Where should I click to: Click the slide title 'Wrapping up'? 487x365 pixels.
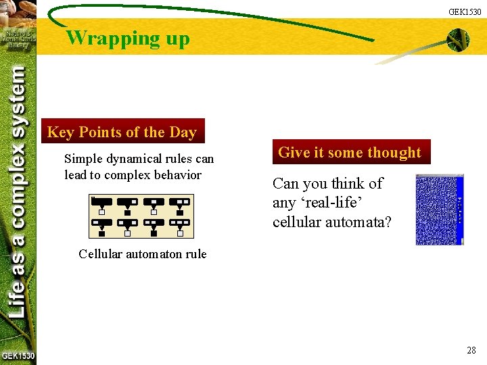tap(128, 38)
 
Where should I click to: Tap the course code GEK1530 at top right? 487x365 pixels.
tap(465, 11)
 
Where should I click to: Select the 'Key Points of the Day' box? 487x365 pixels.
tap(122, 132)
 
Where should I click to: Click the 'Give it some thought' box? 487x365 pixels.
tap(349, 153)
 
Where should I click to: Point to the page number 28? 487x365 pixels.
tap(471, 350)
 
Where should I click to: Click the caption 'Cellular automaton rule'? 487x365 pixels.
tap(142, 254)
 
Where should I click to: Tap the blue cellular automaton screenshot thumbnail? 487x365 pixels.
tap(439, 210)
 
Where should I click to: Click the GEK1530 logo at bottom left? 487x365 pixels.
tap(18, 356)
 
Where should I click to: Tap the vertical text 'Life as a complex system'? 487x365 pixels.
tap(19, 189)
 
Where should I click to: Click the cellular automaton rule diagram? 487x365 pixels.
tap(141, 216)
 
